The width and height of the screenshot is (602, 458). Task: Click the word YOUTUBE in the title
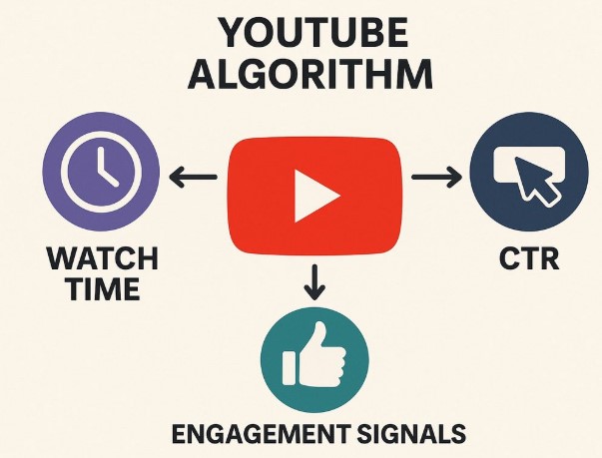[313, 33]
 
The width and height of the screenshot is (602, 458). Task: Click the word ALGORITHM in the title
[310, 73]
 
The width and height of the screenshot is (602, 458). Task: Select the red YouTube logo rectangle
[314, 196]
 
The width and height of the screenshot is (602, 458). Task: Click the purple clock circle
[101, 172]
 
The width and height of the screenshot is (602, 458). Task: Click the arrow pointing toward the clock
[193, 177]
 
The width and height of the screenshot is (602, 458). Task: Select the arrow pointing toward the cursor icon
[437, 177]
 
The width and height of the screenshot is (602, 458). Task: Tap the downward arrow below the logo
[314, 282]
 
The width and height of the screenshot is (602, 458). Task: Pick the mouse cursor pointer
[535, 180]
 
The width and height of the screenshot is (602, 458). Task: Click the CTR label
[529, 258]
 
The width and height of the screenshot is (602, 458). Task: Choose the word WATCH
[102, 258]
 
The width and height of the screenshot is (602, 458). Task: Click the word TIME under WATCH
[104, 288]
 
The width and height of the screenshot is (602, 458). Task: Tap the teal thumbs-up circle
[314, 360]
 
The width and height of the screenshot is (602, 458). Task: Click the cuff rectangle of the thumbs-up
[290, 368]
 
